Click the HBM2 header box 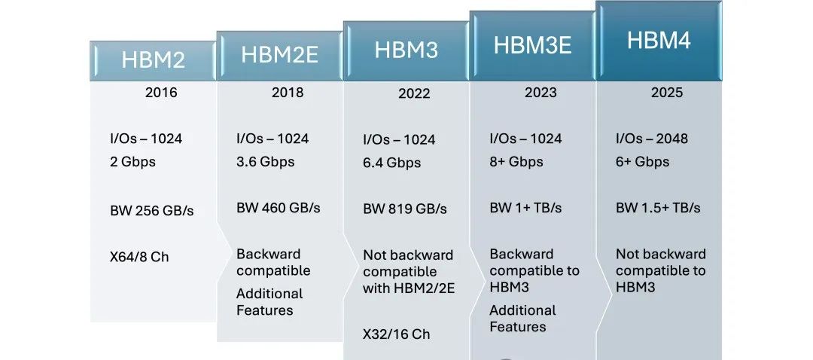(153, 61)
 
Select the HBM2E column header (280, 56)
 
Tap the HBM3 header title (406, 50)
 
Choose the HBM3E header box (532, 46)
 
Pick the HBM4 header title (659, 40)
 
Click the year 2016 (161, 93)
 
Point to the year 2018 (288, 93)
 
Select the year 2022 (414, 93)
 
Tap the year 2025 (667, 93)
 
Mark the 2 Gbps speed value (132, 162)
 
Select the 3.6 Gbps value (266, 162)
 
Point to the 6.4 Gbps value (392, 163)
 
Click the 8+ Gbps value (516, 162)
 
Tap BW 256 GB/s (152, 211)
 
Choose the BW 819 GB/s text (405, 209)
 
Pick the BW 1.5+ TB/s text (658, 209)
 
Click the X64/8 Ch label (139, 258)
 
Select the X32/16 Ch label (397, 334)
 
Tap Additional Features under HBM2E (269, 302)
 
